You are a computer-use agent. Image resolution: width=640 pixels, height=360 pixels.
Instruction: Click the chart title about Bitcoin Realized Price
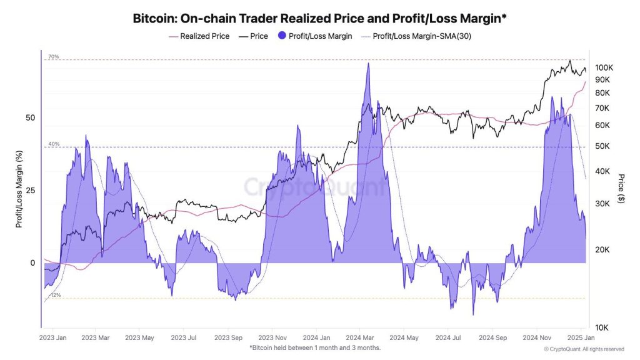[320, 18]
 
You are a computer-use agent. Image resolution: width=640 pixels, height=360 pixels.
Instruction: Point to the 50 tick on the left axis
[31, 118]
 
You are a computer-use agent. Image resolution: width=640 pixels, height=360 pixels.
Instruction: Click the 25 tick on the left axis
[31, 191]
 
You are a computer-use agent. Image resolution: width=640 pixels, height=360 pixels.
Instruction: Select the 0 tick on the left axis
[32, 263]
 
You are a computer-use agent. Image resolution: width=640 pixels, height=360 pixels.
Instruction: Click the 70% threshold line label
[53, 57]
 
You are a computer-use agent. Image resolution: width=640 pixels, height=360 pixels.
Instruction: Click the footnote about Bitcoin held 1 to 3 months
[315, 347]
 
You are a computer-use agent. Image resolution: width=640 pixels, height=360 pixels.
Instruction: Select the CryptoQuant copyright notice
[583, 349]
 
